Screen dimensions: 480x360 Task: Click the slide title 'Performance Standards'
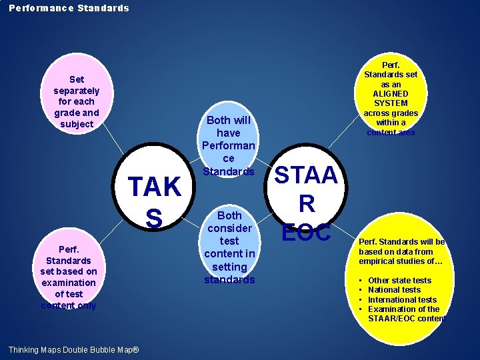pyautogui.click(x=69, y=8)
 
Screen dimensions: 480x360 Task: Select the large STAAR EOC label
pyautogui.click(x=307, y=204)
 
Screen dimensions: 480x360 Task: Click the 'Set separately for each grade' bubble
pyautogui.click(x=76, y=101)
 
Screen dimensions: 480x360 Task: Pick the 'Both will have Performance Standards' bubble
pyautogui.click(x=229, y=145)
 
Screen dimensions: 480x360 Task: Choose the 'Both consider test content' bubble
pyautogui.click(x=229, y=247)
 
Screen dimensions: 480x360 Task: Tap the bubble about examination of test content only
pyautogui.click(x=68, y=277)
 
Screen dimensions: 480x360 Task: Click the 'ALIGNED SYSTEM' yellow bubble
pyautogui.click(x=390, y=99)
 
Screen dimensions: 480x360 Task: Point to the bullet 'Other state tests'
pyautogui.click(x=399, y=281)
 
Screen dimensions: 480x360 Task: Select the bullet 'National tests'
pyautogui.click(x=394, y=290)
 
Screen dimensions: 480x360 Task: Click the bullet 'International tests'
pyautogui.click(x=402, y=299)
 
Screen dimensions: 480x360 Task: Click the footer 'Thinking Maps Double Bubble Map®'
pyautogui.click(x=73, y=350)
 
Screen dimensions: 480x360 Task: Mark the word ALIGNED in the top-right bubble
pyautogui.click(x=390, y=94)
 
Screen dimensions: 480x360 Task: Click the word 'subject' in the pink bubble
pyautogui.click(x=77, y=124)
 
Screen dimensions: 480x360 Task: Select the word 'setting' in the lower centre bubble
pyautogui.click(x=229, y=267)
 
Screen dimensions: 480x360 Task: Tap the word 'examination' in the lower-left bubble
pyautogui.click(x=69, y=283)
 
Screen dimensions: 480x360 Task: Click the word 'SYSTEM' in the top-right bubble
pyautogui.click(x=390, y=103)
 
